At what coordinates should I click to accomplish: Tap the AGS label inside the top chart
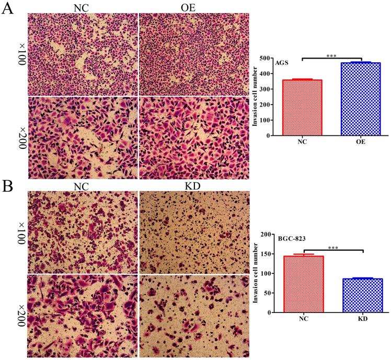click(x=282, y=63)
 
